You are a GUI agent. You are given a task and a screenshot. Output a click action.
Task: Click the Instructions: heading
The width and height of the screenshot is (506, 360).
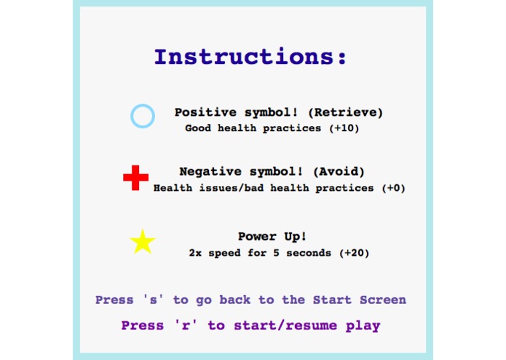click(x=250, y=58)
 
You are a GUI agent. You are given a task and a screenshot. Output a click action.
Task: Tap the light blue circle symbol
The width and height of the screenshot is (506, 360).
click(x=143, y=116)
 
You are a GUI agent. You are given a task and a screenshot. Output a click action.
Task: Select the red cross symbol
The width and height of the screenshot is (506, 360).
click(x=135, y=177)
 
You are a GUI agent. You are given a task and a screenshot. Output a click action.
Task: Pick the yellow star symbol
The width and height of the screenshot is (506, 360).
click(x=143, y=242)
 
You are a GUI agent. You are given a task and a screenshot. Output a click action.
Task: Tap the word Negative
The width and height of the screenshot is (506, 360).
click(x=210, y=172)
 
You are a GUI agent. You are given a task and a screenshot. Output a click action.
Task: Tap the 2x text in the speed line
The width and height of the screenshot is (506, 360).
click(x=194, y=254)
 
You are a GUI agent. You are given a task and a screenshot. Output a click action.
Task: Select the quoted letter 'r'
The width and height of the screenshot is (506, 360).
click(x=189, y=326)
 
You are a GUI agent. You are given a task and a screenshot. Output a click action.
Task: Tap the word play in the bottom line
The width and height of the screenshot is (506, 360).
click(x=365, y=326)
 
